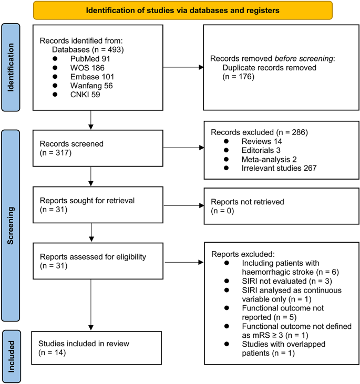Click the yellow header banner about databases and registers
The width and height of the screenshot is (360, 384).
pyautogui.click(x=182, y=11)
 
